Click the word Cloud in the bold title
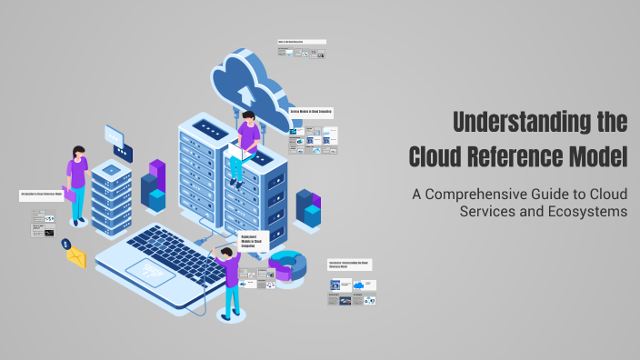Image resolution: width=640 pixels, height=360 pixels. click(x=442, y=155)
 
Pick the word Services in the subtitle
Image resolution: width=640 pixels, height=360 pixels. click(x=491, y=212)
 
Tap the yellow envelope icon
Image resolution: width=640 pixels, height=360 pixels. click(x=75, y=257)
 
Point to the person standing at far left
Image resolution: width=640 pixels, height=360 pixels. click(x=76, y=182)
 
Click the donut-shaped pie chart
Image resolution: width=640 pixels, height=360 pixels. click(x=288, y=265)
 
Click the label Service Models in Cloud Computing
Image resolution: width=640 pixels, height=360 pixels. click(x=311, y=111)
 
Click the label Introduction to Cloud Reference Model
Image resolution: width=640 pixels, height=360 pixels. click(x=41, y=194)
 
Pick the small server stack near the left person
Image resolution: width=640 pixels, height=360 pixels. click(x=112, y=195)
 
